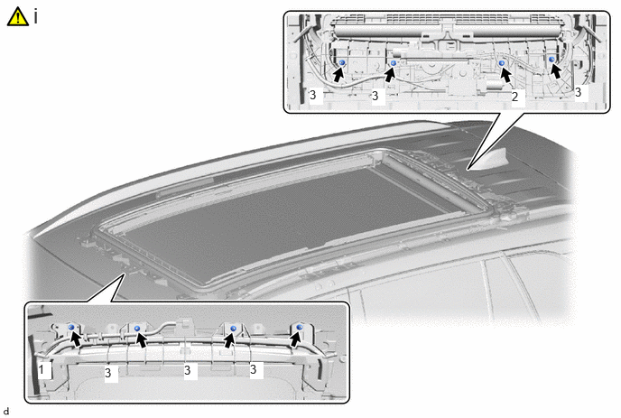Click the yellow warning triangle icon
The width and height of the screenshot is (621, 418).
pyautogui.click(x=17, y=17)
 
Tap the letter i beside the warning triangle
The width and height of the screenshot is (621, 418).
pyautogui.click(x=35, y=16)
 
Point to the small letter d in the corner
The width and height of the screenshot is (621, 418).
pyautogui.click(x=6, y=412)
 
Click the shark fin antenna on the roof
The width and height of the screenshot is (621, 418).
pyautogui.click(x=491, y=161)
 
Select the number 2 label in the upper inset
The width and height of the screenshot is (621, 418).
pyautogui.click(x=514, y=97)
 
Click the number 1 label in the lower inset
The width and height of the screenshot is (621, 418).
pyautogui.click(x=42, y=369)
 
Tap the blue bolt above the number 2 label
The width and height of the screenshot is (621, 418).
pyautogui.click(x=502, y=63)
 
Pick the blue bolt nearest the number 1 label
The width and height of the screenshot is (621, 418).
pyautogui.click(x=71, y=327)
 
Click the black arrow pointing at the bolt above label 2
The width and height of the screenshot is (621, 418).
pyautogui.click(x=505, y=75)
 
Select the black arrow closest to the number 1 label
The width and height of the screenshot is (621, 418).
pyautogui.click(x=76, y=339)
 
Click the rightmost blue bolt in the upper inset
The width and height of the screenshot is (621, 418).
pyautogui.click(x=552, y=59)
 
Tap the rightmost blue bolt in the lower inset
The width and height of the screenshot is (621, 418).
pyautogui.click(x=300, y=327)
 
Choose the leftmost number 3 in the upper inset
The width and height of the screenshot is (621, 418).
pyautogui.click(x=313, y=95)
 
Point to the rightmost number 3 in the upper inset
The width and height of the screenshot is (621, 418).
pyautogui.click(x=578, y=92)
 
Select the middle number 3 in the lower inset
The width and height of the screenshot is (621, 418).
pyautogui.click(x=188, y=370)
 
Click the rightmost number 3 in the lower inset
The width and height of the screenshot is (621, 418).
pyautogui.click(x=253, y=369)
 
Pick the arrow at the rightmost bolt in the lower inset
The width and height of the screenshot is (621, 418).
pyautogui.click(x=295, y=339)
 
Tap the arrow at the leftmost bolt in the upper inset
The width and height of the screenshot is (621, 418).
pyautogui.click(x=338, y=75)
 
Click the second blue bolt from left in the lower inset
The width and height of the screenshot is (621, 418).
pyautogui.click(x=137, y=328)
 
